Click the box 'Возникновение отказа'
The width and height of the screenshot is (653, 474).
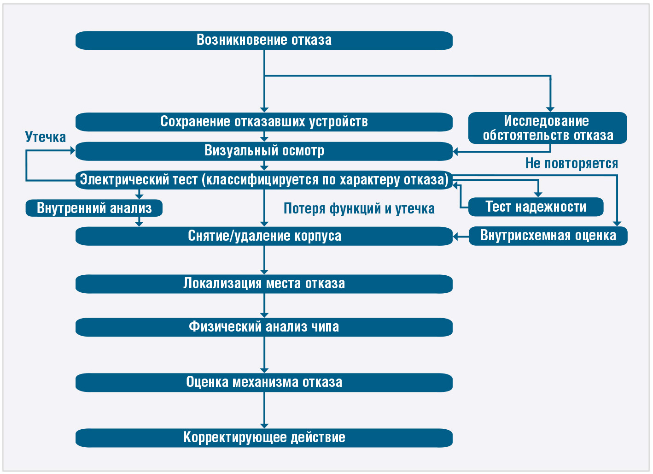point(264,41)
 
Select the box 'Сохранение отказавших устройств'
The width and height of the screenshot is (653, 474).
point(264,122)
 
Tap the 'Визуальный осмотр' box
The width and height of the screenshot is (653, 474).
point(264,151)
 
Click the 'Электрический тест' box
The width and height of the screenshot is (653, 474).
point(264,180)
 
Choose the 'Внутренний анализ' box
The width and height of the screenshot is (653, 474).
point(94,208)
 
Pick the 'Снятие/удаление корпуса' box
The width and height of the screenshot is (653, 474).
point(264,236)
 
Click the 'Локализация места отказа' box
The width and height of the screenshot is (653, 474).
point(264,284)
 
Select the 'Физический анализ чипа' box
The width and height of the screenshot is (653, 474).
point(264,327)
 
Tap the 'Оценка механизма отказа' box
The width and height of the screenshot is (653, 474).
point(264,383)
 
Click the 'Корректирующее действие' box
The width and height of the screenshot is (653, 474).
point(264,438)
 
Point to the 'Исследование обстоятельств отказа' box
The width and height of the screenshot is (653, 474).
point(548,128)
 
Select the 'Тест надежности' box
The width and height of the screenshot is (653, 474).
point(536,207)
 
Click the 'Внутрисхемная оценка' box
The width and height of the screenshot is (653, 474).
point(548,236)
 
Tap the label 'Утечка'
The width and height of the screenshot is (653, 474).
point(46,137)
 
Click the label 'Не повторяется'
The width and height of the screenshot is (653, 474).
point(571,163)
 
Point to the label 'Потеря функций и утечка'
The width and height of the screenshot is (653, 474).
point(359,209)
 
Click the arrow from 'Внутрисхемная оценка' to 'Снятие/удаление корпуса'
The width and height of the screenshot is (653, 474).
point(461,236)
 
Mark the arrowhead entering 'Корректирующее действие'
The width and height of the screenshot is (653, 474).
point(264,426)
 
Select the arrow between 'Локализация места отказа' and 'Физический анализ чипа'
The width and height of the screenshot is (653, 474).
point(264,306)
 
